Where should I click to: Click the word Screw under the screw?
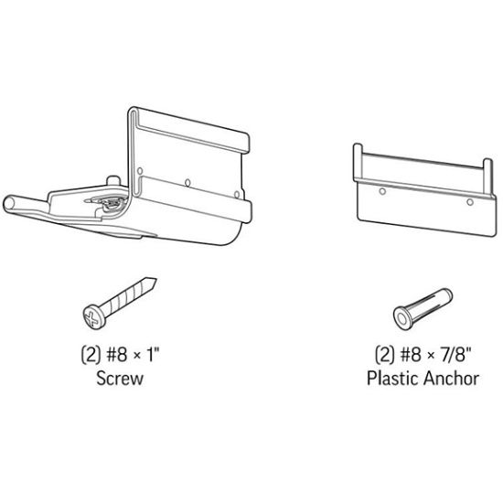120,378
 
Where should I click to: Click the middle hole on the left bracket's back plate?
187,180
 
